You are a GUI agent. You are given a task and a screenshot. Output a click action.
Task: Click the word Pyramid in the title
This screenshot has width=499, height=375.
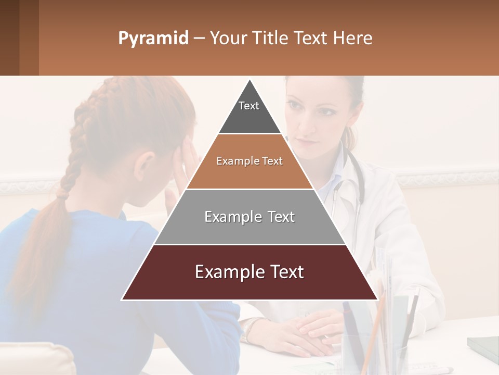(153, 39)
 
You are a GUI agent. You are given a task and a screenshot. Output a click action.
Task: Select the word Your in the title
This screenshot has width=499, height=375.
(227, 39)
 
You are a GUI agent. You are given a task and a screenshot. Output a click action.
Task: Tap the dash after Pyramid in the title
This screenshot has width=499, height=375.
(199, 39)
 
